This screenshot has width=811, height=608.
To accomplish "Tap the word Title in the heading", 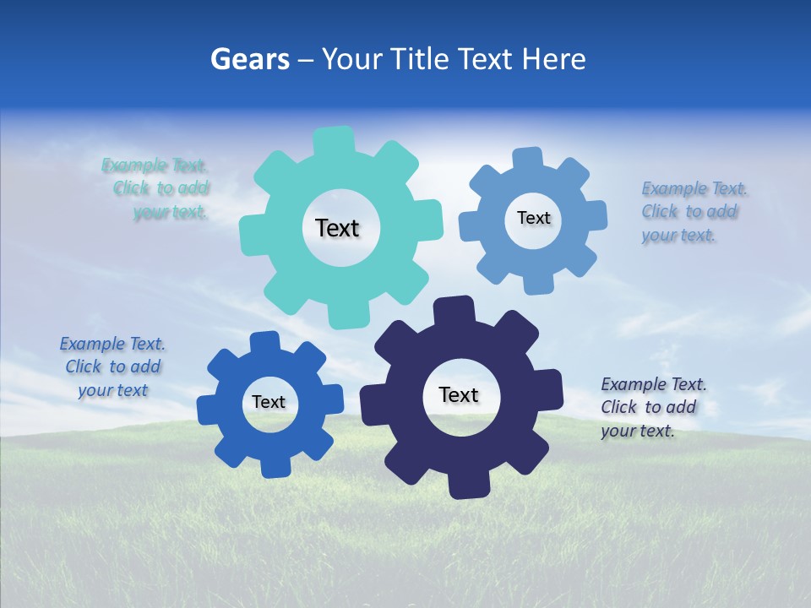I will pyautogui.click(x=420, y=59).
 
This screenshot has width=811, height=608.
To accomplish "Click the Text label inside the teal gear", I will pyautogui.click(x=337, y=228).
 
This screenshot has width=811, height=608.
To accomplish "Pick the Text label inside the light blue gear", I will pyautogui.click(x=533, y=218).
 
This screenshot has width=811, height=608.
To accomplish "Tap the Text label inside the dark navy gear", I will pyautogui.click(x=459, y=395).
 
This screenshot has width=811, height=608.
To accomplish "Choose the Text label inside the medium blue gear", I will pyautogui.click(x=269, y=403).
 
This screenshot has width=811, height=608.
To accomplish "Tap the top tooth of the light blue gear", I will pyautogui.click(x=528, y=159).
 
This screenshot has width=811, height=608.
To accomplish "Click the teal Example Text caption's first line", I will pyautogui.click(x=155, y=166).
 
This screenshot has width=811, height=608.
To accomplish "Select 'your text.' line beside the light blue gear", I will pyautogui.click(x=678, y=236).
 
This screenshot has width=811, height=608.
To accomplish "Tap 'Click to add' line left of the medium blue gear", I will pyautogui.click(x=113, y=367).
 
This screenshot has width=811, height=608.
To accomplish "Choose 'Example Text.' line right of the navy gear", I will pyautogui.click(x=654, y=385).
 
